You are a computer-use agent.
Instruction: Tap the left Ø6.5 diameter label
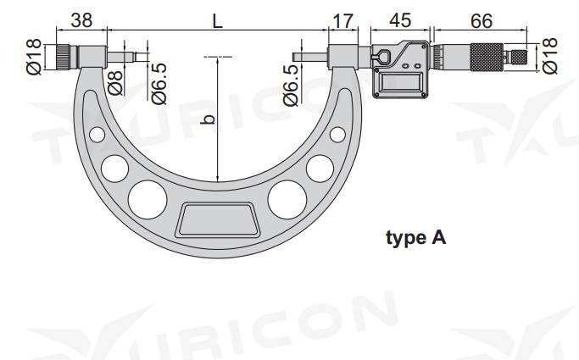[x=158, y=86]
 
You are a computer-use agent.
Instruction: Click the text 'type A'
[x=415, y=238]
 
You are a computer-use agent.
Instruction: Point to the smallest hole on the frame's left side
[x=97, y=134]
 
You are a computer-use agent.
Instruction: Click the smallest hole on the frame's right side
[x=337, y=134]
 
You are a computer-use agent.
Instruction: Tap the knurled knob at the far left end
[x=67, y=57]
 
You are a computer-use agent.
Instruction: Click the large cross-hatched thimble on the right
[x=473, y=56]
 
